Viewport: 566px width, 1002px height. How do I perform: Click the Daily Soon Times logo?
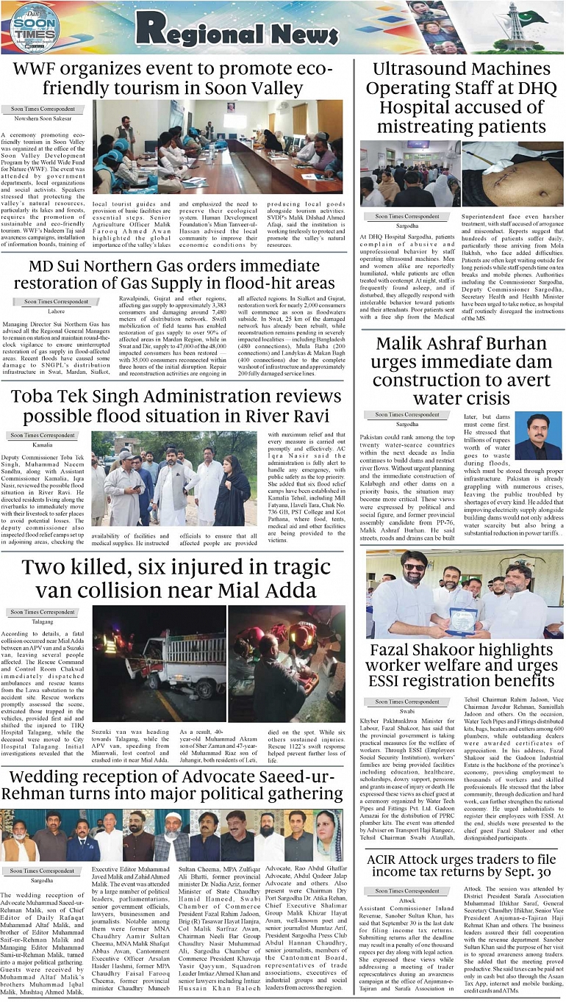[35, 28]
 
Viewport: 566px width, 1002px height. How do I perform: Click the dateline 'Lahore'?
[57, 311]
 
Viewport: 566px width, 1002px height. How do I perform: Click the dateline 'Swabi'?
[407, 712]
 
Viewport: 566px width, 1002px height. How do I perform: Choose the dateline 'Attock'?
[407, 900]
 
